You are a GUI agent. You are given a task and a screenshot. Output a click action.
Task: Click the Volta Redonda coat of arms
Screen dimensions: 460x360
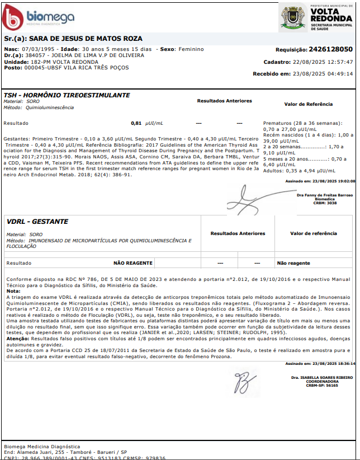click(292, 17)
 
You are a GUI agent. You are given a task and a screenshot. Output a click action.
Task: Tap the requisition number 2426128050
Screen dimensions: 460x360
click(331, 49)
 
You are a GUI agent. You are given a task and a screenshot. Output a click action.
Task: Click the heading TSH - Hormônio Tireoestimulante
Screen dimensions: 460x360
click(67, 95)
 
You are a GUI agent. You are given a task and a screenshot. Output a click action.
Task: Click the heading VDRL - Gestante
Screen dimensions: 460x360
click(37, 222)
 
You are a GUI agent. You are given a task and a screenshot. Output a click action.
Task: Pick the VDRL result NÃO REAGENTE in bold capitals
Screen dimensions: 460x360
click(133, 262)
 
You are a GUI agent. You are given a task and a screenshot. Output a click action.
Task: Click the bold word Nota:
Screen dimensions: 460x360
click(13, 292)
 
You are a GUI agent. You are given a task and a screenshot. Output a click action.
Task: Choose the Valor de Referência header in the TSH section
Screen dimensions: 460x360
click(309, 104)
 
